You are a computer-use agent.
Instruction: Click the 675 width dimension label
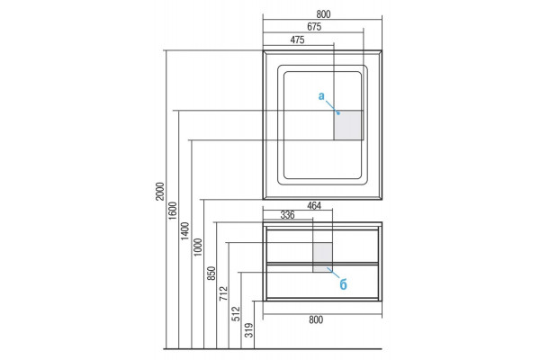(x=314, y=27)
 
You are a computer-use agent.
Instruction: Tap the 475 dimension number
(x=297, y=40)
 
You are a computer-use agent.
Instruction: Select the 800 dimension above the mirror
(x=323, y=14)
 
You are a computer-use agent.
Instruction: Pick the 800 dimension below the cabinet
(x=316, y=319)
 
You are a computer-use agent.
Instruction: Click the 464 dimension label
(x=314, y=206)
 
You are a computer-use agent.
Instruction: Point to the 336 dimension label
(x=288, y=215)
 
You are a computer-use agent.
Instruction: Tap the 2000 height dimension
(x=160, y=191)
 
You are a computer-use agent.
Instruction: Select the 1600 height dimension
(x=173, y=211)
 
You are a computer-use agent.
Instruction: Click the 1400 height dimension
(x=184, y=230)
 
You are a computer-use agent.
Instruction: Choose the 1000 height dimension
(x=198, y=247)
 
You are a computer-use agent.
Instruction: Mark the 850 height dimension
(x=211, y=274)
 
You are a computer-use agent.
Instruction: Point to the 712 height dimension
(x=223, y=293)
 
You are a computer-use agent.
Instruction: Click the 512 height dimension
(x=236, y=314)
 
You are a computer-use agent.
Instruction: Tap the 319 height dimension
(x=248, y=330)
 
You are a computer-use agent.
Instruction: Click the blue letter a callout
(x=321, y=96)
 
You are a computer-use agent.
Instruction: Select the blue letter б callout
(x=344, y=284)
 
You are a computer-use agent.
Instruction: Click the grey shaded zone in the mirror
(x=348, y=125)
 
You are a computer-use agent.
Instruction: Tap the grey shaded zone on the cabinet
(x=323, y=257)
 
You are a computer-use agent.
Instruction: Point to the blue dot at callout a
(x=338, y=113)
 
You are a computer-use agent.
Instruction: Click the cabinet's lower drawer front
(x=323, y=281)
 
